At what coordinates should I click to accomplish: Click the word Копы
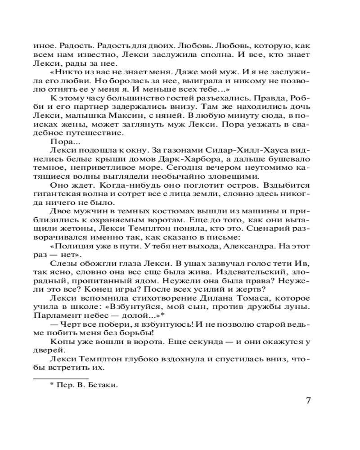pyautogui.click(x=60, y=342)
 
